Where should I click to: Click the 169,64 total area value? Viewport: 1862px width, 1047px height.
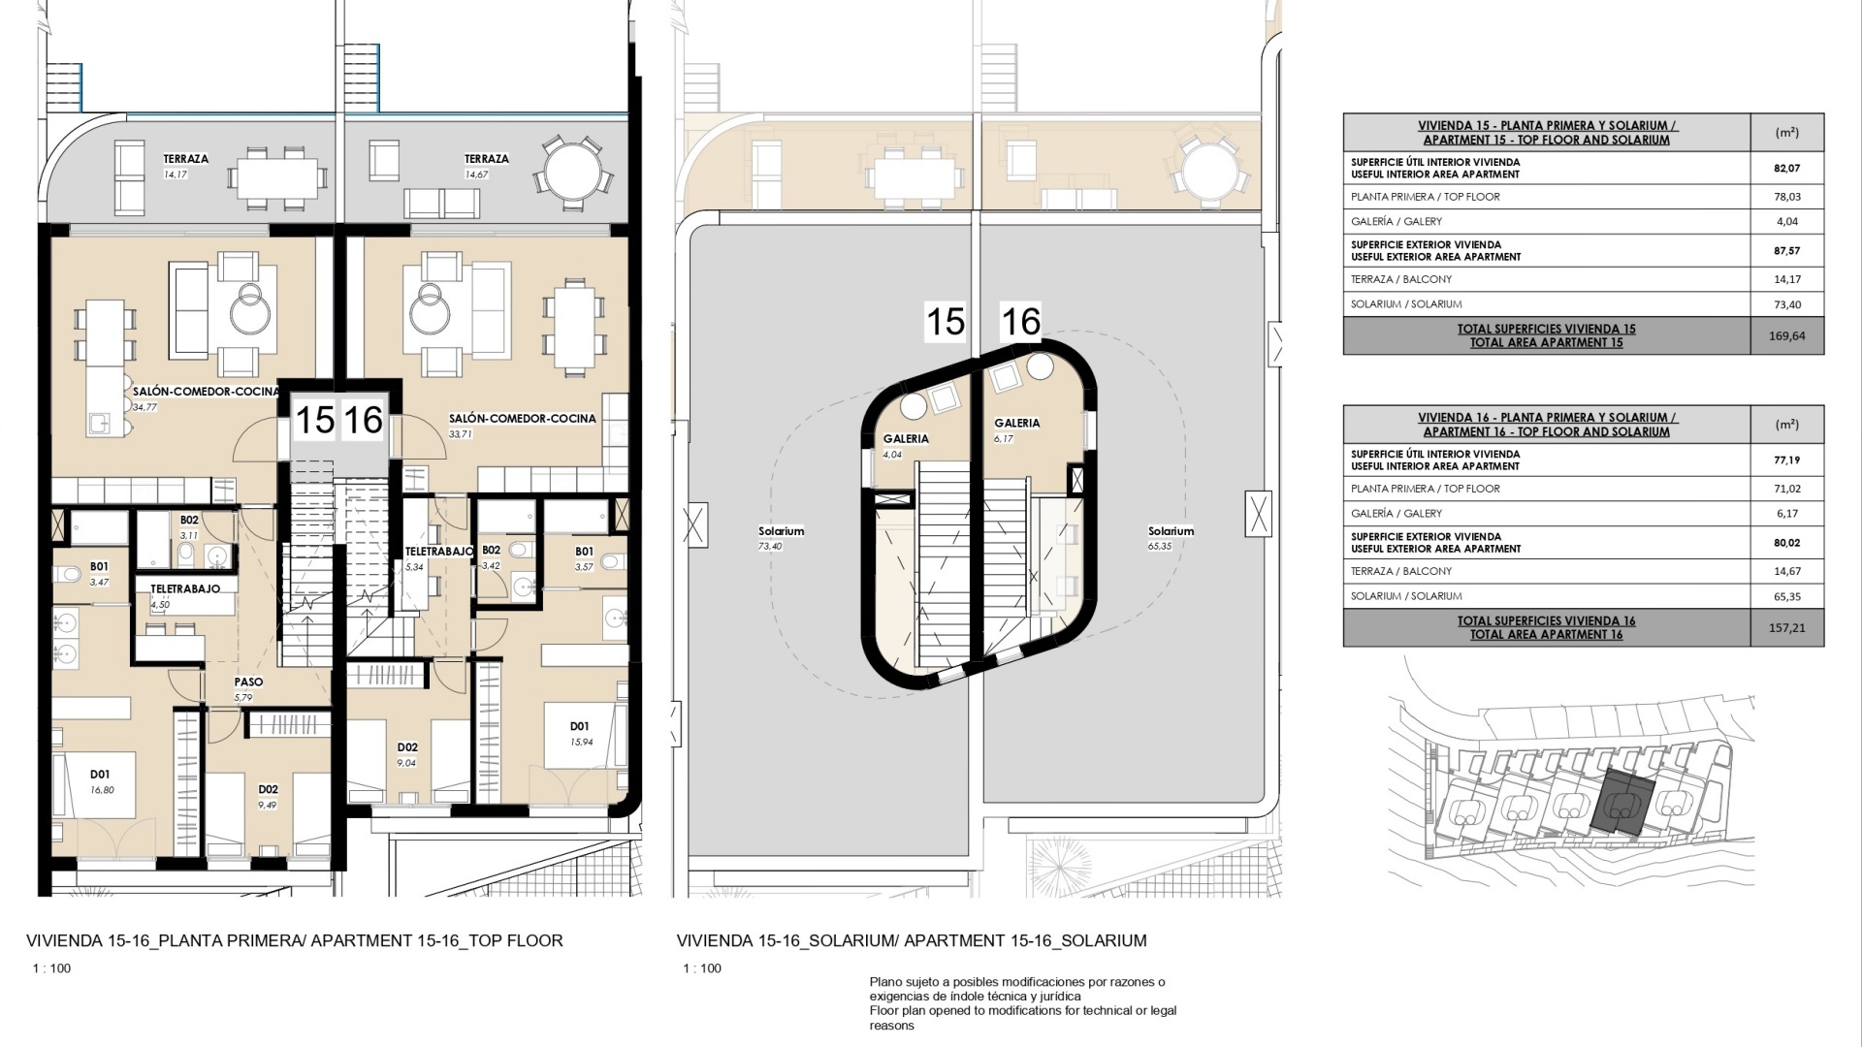(x=1786, y=336)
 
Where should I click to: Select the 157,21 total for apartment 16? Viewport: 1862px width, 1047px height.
(x=1786, y=628)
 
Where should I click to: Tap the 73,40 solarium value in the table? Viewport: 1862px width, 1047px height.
(x=1786, y=304)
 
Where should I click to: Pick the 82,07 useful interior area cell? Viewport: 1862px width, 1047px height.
(x=1786, y=169)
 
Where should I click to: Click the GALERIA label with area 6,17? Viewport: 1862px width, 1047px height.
(x=1016, y=423)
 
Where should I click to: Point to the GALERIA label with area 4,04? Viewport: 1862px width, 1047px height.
(x=906, y=439)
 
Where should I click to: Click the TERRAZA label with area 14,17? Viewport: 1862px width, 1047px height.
(x=185, y=159)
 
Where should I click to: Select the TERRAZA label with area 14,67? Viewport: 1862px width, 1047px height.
(x=486, y=159)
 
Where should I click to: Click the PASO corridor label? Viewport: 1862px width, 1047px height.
(x=248, y=682)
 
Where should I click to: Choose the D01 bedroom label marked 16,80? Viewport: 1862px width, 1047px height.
(x=100, y=775)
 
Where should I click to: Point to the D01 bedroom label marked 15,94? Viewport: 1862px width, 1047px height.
(x=579, y=726)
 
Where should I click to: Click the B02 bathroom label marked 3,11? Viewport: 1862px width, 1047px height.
(x=189, y=521)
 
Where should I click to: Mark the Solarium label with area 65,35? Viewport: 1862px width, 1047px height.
(x=1171, y=531)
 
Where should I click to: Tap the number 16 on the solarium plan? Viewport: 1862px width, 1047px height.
(x=1020, y=322)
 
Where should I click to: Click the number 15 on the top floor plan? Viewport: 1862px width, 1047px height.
(x=314, y=420)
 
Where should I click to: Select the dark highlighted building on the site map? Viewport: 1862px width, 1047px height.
(x=1621, y=803)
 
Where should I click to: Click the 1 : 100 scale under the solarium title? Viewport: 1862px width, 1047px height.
(x=702, y=968)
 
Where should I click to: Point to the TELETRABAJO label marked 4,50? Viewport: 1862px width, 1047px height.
(x=185, y=588)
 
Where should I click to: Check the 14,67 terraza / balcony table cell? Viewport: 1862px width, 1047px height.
(x=1786, y=572)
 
